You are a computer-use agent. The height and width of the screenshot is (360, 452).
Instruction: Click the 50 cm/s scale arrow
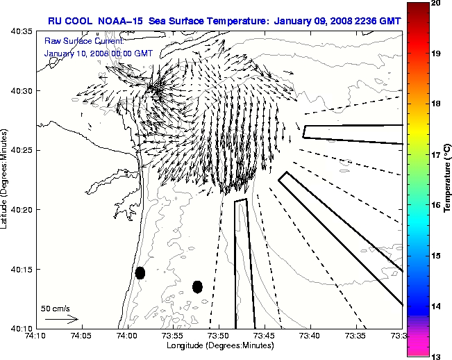(61, 319)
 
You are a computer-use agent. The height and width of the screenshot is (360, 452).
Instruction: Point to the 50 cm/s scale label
(55, 307)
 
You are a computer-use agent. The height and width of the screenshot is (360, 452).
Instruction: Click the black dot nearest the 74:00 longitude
(140, 272)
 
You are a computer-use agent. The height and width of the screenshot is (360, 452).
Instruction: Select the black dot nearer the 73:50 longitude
(197, 286)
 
